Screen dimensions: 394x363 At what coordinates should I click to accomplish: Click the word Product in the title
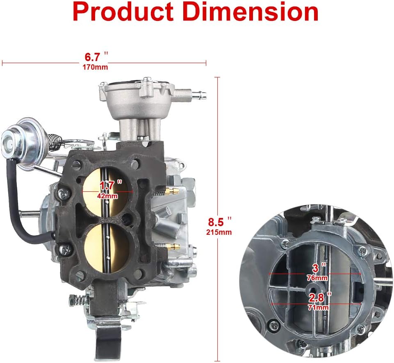click(x=123, y=12)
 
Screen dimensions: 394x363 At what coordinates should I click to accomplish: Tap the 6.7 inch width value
click(x=96, y=57)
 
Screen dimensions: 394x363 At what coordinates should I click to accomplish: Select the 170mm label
click(x=95, y=67)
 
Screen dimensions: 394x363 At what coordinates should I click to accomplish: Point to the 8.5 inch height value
click(x=219, y=222)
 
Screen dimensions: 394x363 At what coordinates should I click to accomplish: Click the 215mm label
click(x=219, y=232)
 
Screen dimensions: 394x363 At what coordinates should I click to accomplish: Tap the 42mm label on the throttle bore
click(x=107, y=196)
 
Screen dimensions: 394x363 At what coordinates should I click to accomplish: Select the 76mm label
click(x=317, y=278)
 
